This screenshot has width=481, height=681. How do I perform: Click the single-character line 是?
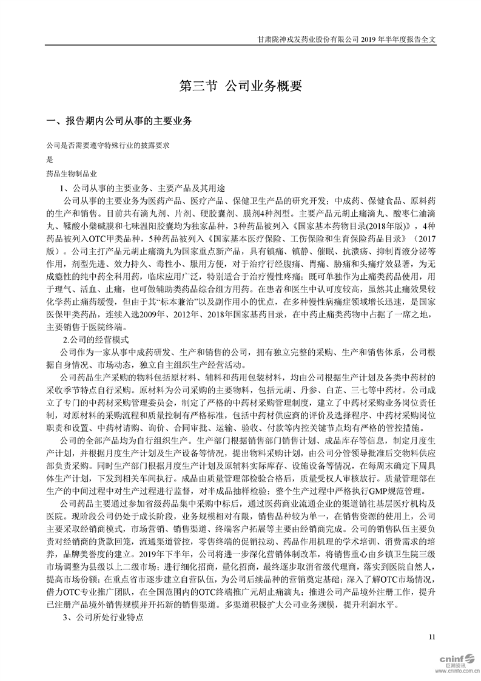[x=50, y=160]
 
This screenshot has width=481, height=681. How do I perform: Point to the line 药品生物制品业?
[x=71, y=174]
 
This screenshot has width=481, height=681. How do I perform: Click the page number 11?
[x=432, y=637]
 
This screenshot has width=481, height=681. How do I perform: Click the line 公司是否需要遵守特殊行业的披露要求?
[x=107, y=146]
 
